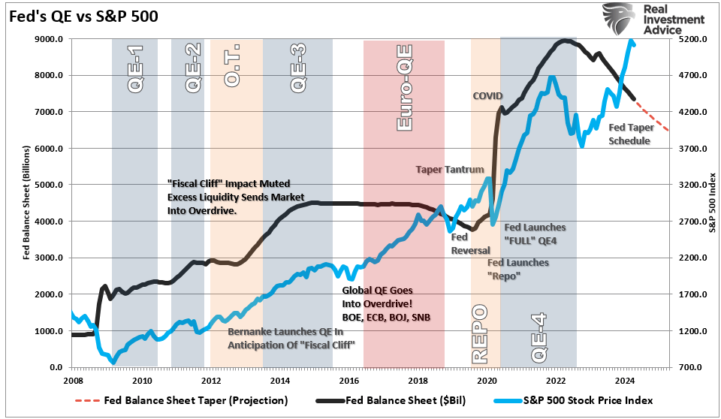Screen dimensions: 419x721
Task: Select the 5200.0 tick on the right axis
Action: coord(694,39)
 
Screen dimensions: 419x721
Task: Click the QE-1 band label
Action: coord(136,68)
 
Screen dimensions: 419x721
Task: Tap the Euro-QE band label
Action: coord(404,87)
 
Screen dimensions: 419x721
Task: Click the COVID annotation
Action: coord(487,96)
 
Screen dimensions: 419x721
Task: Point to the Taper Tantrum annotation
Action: coord(450,170)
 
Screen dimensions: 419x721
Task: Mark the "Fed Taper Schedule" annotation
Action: coord(630,134)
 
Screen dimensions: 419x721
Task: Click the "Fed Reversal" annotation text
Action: coord(470,243)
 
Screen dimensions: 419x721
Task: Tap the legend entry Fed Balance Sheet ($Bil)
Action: coord(403,400)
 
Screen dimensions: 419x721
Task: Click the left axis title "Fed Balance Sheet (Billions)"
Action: coord(27,203)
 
